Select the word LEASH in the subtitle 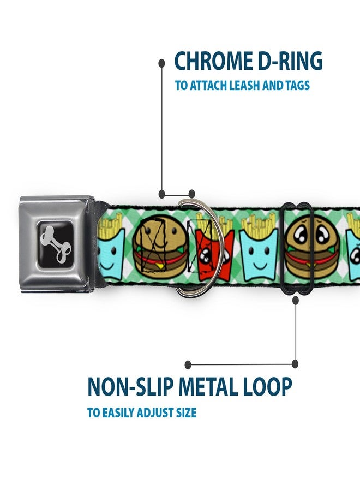pyautogui.click(x=245, y=86)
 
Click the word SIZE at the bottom pyautogui.click(x=186, y=412)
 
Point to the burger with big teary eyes pyautogui.click(x=311, y=247)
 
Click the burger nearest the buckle pyautogui.click(x=160, y=247)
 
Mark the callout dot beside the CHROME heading pyautogui.click(x=161, y=63)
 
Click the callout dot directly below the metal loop pyautogui.click(x=296, y=300)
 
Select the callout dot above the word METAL pyautogui.click(x=188, y=364)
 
